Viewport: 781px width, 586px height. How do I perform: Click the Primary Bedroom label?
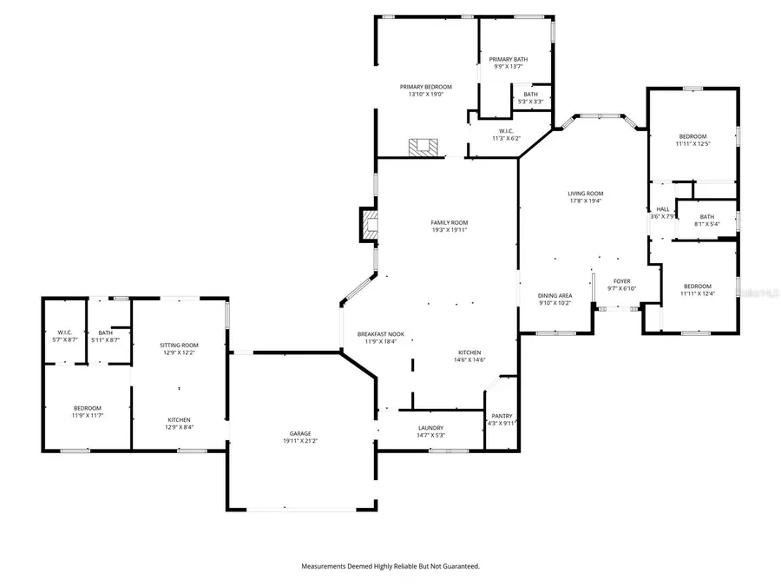pyautogui.click(x=425, y=87)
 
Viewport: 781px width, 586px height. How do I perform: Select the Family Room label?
pyautogui.click(x=450, y=222)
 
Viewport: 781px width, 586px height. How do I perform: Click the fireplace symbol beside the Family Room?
pyautogui.click(x=370, y=224)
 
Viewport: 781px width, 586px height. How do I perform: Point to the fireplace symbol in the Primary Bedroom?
pyautogui.click(x=423, y=147)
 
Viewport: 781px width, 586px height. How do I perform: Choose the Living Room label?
pyautogui.click(x=585, y=194)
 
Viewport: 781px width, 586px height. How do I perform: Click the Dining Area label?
pyautogui.click(x=555, y=295)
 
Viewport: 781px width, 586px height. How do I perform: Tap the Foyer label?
pyautogui.click(x=622, y=281)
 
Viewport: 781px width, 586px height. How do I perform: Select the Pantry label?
pyautogui.click(x=502, y=416)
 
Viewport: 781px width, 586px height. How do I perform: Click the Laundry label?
pyautogui.click(x=430, y=427)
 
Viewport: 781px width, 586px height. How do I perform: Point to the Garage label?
pyautogui.click(x=300, y=433)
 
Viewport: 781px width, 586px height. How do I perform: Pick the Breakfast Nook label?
pyautogui.click(x=381, y=334)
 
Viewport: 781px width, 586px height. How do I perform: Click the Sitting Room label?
pyautogui.click(x=179, y=345)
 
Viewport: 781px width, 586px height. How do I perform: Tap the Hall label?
pyautogui.click(x=662, y=209)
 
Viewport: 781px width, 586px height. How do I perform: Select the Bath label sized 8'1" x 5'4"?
pyautogui.click(x=706, y=217)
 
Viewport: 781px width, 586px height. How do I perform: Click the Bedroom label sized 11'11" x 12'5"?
pyautogui.click(x=692, y=136)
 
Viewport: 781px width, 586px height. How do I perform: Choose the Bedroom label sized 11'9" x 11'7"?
pyautogui.click(x=87, y=408)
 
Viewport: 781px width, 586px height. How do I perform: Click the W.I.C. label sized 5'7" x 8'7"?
pyautogui.click(x=64, y=332)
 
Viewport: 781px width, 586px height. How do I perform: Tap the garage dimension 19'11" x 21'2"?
pyautogui.click(x=300, y=441)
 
